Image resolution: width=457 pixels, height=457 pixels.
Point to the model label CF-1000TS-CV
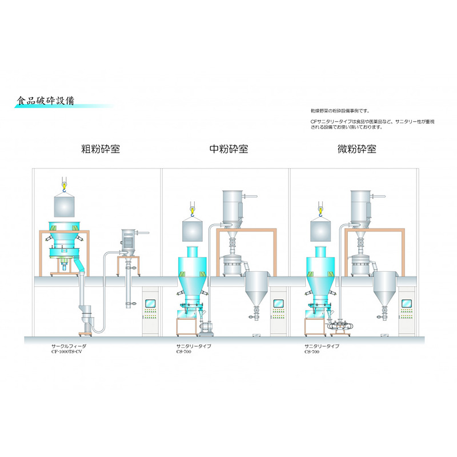point(71,352)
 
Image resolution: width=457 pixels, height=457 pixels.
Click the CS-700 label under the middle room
point(185,352)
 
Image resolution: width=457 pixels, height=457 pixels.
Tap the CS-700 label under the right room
point(313,352)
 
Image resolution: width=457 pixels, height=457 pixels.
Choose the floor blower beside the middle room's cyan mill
point(205,326)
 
